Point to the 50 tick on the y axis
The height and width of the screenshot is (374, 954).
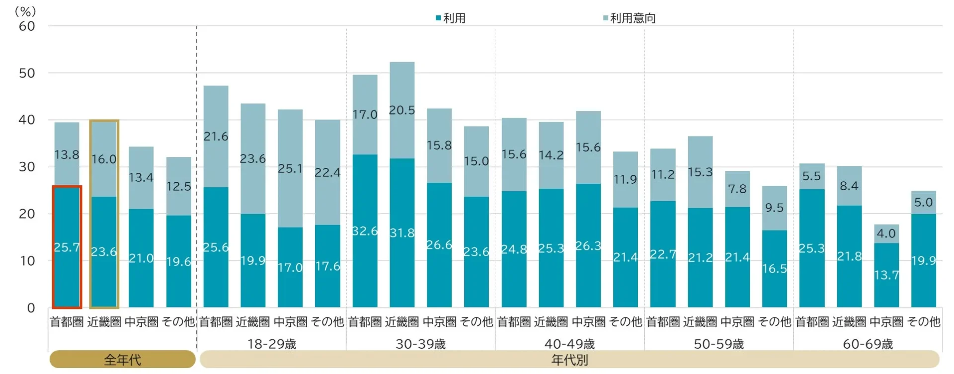[27, 73]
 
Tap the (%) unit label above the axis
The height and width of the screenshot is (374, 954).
[25, 11]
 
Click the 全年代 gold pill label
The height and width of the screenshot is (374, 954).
[122, 360]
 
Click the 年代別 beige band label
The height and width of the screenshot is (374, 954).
[569, 360]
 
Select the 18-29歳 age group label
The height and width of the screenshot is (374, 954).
[272, 344]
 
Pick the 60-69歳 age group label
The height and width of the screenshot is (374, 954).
[868, 344]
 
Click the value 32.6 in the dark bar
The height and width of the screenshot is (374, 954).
[365, 231]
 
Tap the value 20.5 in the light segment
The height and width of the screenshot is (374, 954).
[401, 110]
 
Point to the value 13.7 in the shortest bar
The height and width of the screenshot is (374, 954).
[886, 275]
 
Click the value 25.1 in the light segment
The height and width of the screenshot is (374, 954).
[290, 169]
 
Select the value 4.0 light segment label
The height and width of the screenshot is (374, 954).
[886, 233]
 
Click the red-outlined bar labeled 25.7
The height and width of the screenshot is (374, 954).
[67, 247]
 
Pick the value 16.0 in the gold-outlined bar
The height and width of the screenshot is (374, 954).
[104, 159]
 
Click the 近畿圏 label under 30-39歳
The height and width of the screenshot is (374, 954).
[401, 322]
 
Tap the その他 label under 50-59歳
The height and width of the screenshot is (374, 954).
[775, 322]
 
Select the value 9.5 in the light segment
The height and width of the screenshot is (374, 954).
[775, 208]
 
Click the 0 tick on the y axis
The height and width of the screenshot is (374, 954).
[31, 308]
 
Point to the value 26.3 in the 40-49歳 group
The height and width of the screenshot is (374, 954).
[588, 246]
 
